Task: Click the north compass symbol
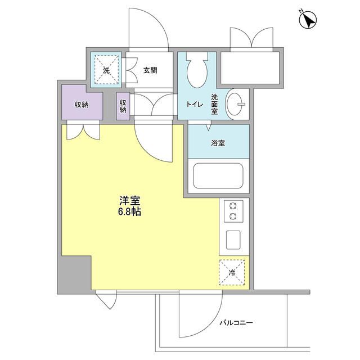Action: (307, 21)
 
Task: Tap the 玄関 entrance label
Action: (150, 70)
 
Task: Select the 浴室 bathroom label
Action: (218, 143)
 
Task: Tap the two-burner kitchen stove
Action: (233, 212)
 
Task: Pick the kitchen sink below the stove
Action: (234, 239)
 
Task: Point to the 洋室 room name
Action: (129, 201)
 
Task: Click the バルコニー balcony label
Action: (236, 323)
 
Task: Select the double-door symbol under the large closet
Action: (83, 131)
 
